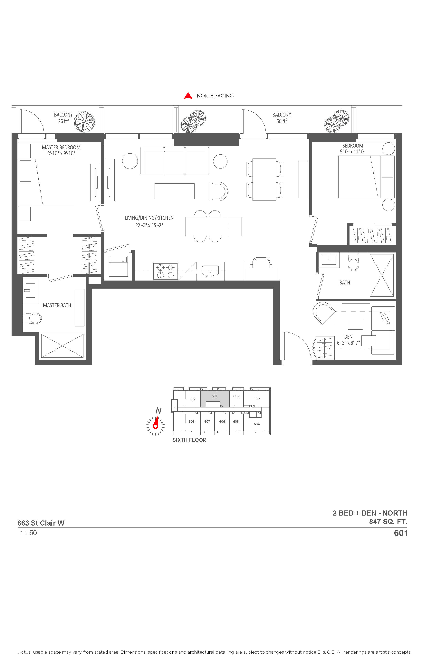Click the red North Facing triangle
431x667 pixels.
(x=188, y=96)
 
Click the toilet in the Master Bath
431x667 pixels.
(x=33, y=318)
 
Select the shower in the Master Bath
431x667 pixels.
(x=62, y=346)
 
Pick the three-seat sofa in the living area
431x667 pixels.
(x=175, y=161)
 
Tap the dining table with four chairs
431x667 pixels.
(x=264, y=179)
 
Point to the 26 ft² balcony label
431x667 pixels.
(x=63, y=118)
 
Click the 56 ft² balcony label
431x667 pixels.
(x=282, y=118)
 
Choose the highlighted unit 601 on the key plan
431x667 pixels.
(x=214, y=396)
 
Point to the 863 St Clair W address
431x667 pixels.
(x=41, y=523)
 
